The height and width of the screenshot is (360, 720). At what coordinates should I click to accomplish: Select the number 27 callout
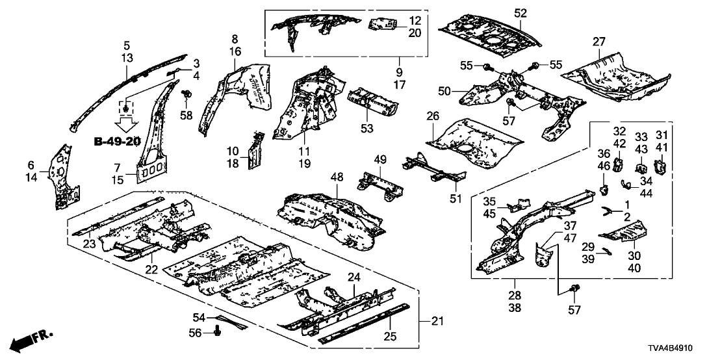click(x=598, y=42)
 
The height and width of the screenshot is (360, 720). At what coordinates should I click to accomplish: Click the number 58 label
click(x=187, y=115)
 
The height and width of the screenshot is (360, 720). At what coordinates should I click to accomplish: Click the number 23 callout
click(x=89, y=244)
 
